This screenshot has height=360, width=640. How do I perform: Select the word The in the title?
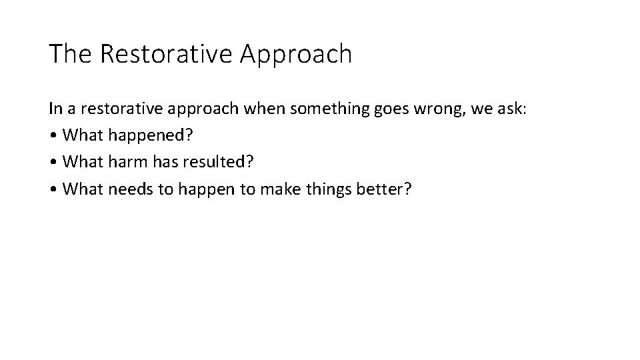(x=71, y=54)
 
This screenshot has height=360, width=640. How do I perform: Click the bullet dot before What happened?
(x=53, y=136)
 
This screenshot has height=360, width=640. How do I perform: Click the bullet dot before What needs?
(x=53, y=190)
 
